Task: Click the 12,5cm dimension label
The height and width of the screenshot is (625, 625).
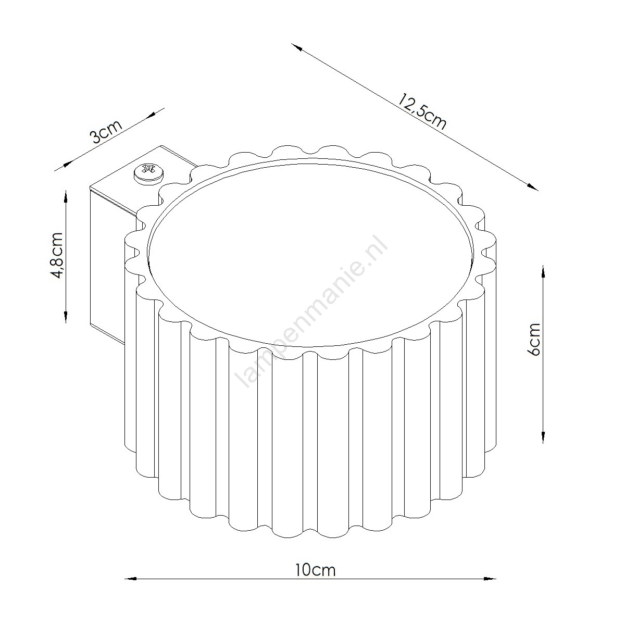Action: [422, 112]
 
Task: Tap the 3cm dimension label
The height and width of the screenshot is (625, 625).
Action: [106, 132]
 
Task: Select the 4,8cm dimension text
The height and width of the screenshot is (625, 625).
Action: [58, 256]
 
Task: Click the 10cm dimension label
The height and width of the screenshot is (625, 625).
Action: [315, 579]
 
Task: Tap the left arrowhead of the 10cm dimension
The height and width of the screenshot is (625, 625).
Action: [130, 596]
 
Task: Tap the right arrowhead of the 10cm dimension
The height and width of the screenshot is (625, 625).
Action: [491, 596]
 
